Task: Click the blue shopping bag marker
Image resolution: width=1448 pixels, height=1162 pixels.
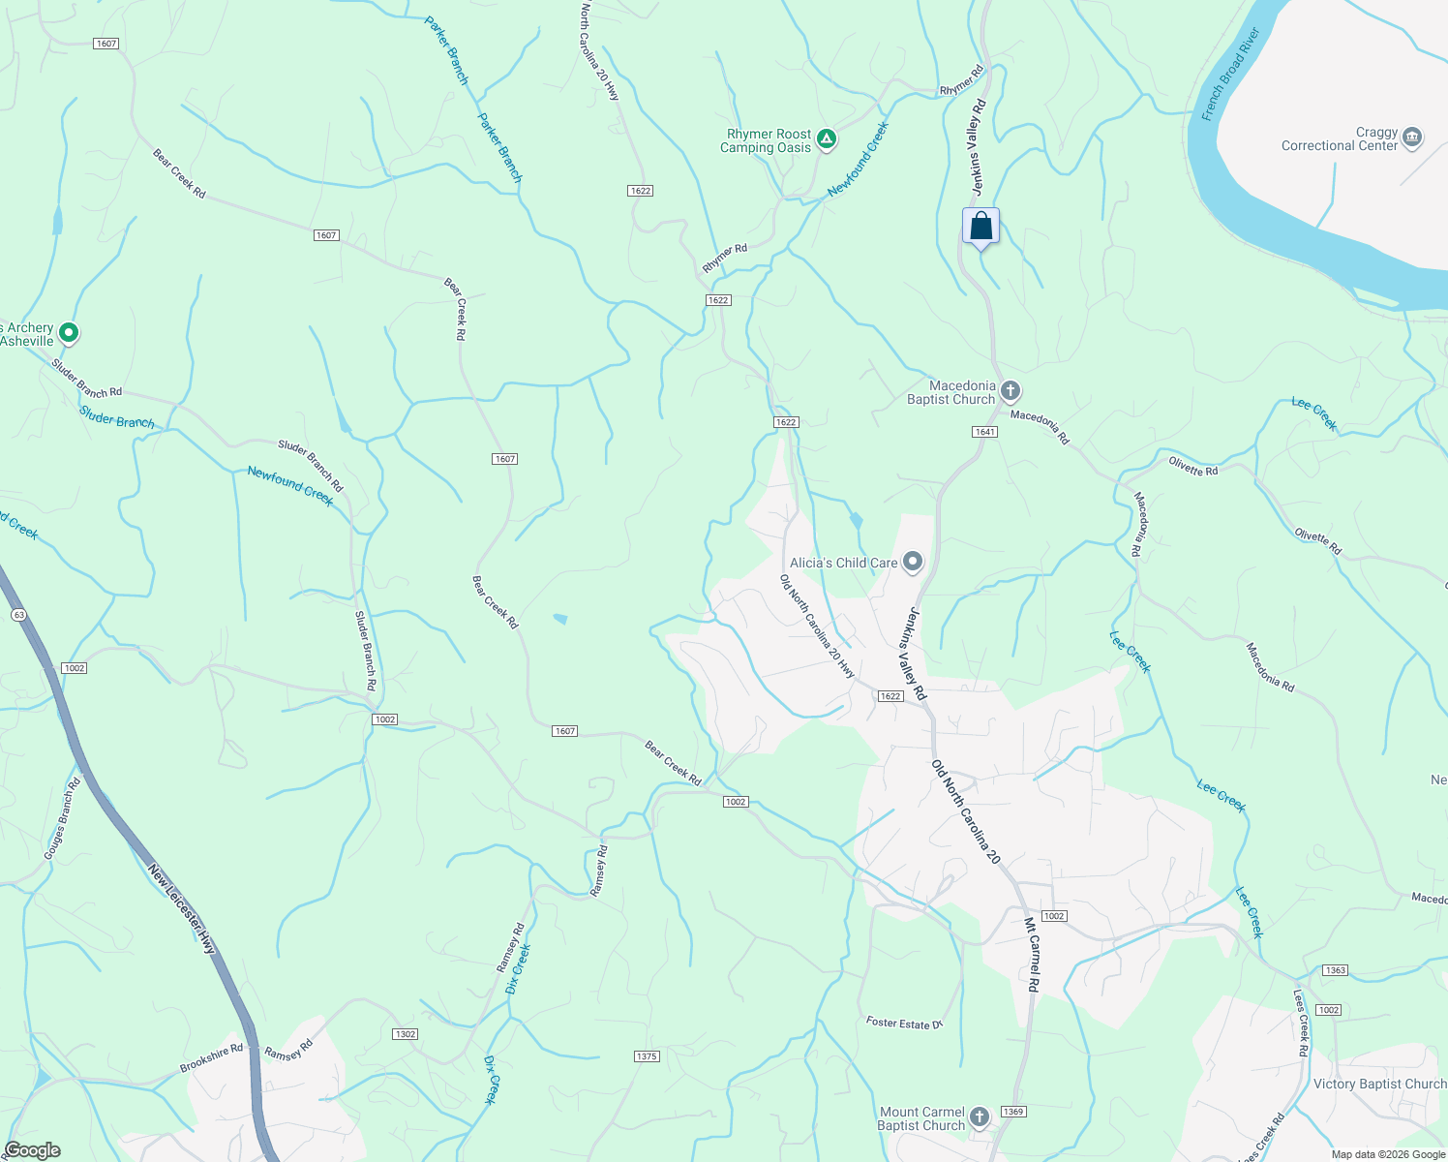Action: (980, 227)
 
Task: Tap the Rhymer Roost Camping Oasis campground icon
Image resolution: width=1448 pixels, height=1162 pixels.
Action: (826, 140)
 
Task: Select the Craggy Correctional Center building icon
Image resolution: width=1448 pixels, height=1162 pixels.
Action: (1411, 138)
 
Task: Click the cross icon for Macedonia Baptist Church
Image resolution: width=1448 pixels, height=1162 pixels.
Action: (1010, 391)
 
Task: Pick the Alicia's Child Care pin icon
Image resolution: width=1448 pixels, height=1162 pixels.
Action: (912, 562)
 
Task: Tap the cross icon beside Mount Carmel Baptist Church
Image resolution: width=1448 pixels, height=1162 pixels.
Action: (979, 1117)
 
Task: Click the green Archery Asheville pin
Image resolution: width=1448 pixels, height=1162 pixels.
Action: (68, 333)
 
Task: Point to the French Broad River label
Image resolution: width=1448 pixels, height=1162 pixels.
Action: (1230, 76)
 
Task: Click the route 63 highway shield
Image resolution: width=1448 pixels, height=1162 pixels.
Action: (18, 615)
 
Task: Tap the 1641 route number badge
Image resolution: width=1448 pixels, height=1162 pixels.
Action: (984, 432)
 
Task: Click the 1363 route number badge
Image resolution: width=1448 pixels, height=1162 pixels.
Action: (1335, 970)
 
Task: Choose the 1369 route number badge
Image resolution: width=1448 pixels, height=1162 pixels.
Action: (1012, 1112)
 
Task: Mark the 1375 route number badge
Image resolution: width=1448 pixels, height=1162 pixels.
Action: (647, 1055)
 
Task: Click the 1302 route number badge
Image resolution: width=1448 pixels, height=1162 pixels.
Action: (406, 1034)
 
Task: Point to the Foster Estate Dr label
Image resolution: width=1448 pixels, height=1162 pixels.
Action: (904, 1023)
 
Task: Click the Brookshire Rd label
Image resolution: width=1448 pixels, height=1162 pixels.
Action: (211, 1058)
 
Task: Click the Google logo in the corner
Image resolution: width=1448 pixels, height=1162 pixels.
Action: (32, 1150)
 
